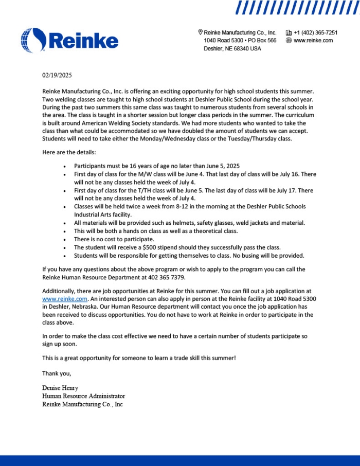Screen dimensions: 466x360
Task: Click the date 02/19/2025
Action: click(57, 75)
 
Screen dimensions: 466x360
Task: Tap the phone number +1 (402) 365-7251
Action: click(315, 32)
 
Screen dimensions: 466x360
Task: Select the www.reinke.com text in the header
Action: click(313, 40)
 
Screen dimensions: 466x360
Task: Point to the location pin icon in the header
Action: click(200, 32)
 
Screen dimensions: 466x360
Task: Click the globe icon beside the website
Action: click(289, 40)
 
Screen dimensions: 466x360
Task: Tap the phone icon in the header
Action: click(289, 32)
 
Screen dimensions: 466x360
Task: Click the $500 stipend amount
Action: click(137, 247)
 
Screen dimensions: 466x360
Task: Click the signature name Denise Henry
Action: click(60, 388)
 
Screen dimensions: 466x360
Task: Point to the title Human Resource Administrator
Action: click(83, 396)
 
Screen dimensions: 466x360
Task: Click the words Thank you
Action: click(57, 373)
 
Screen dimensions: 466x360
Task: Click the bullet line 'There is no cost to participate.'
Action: click(114, 239)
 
